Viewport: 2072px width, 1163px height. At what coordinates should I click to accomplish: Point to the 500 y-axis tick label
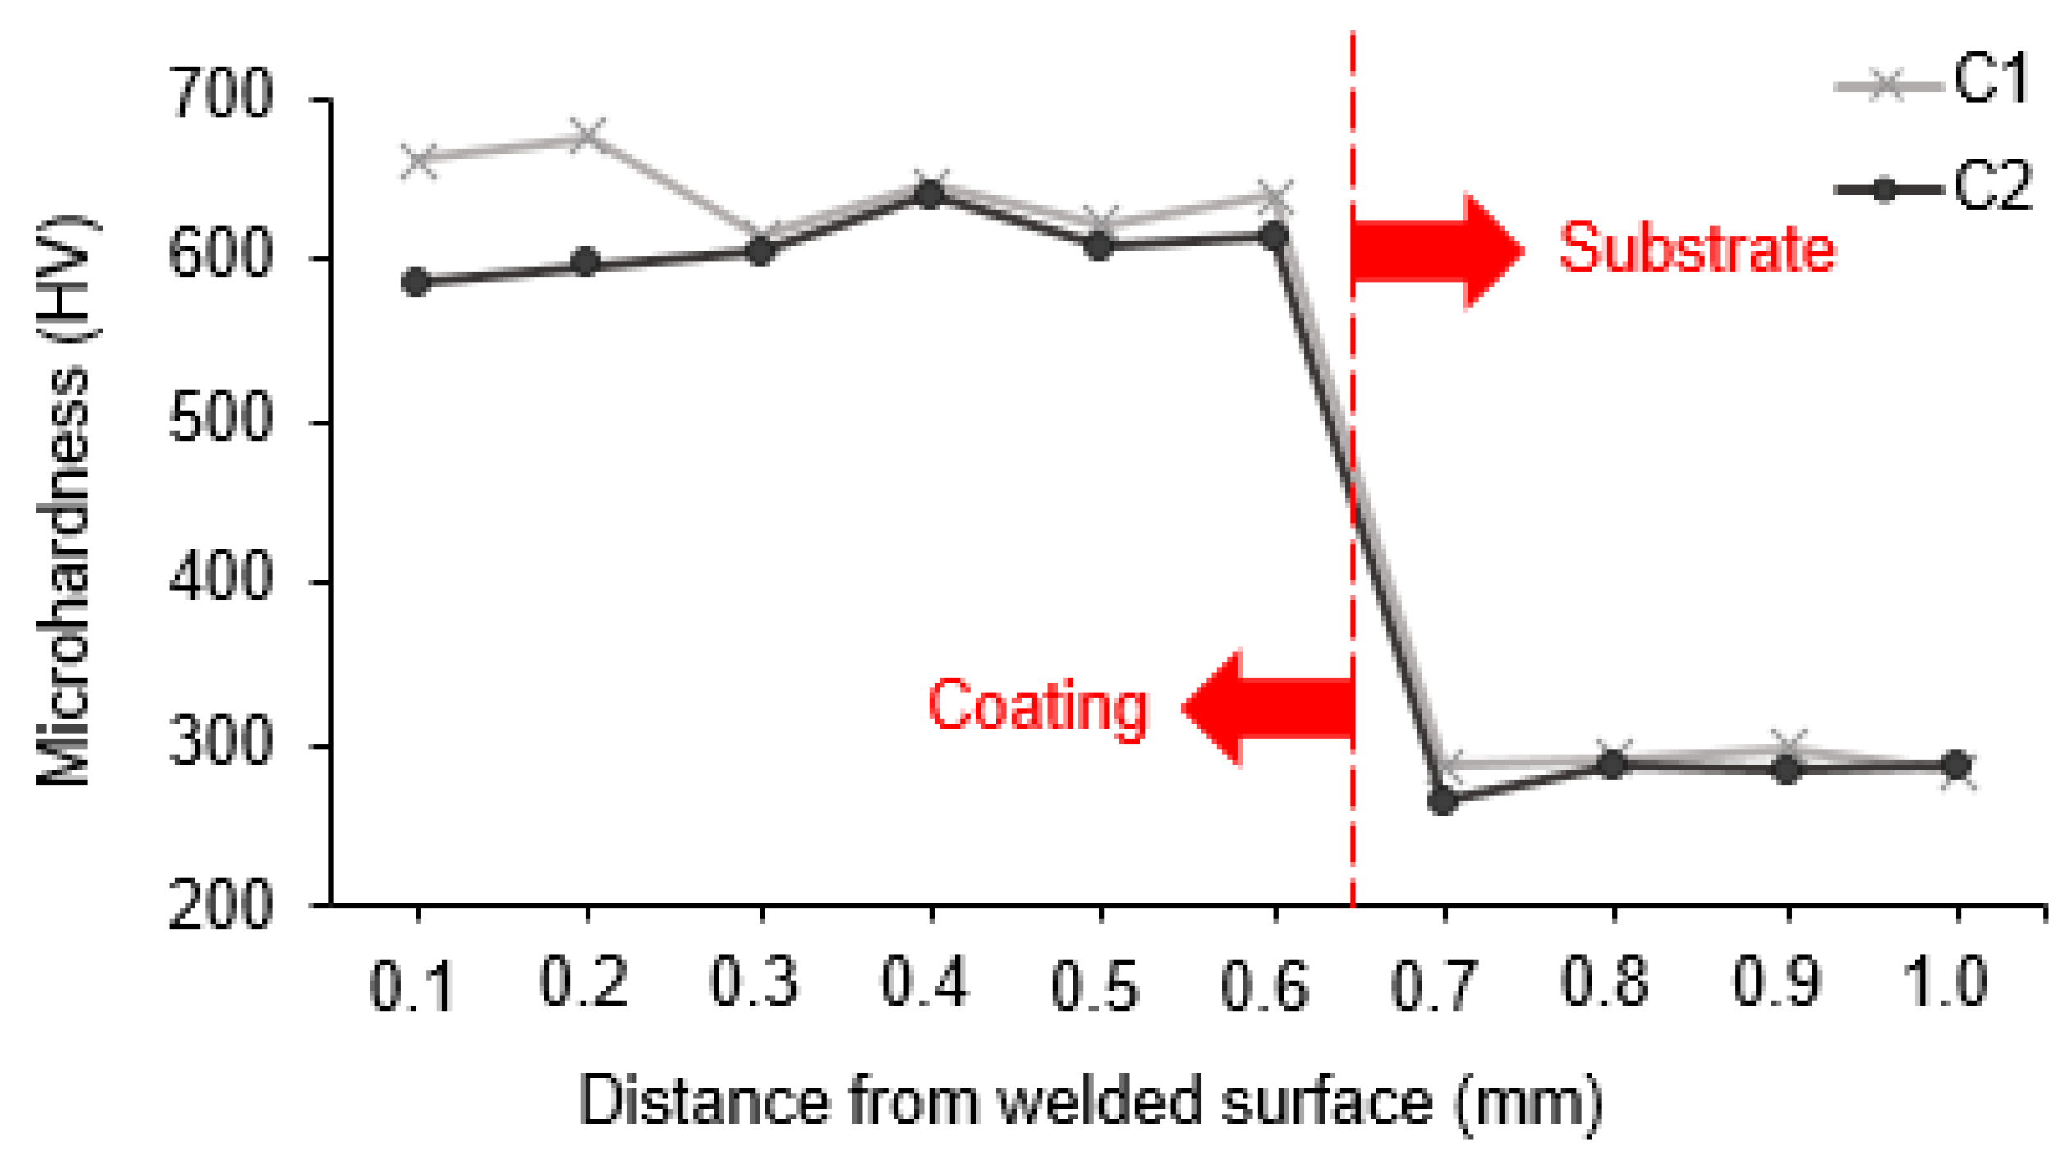220,418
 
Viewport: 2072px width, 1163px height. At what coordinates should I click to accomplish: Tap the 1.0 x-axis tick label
1946,983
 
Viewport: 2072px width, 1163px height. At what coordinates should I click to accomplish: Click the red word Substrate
1697,248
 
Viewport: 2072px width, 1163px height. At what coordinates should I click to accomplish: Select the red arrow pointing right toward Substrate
1437,251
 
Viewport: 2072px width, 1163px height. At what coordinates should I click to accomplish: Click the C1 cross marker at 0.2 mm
587,136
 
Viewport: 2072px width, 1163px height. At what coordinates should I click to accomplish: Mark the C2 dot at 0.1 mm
417,283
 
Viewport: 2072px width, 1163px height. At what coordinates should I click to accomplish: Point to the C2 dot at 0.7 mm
1442,799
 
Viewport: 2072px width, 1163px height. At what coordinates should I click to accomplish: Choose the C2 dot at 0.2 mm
586,263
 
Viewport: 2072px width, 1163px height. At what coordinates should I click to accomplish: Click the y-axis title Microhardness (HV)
66,500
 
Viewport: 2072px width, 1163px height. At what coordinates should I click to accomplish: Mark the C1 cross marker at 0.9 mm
1787,746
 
